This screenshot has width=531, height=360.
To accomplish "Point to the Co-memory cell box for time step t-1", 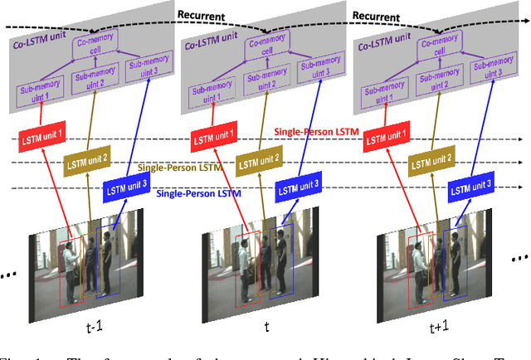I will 94,45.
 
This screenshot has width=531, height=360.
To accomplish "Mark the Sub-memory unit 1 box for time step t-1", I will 35,93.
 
